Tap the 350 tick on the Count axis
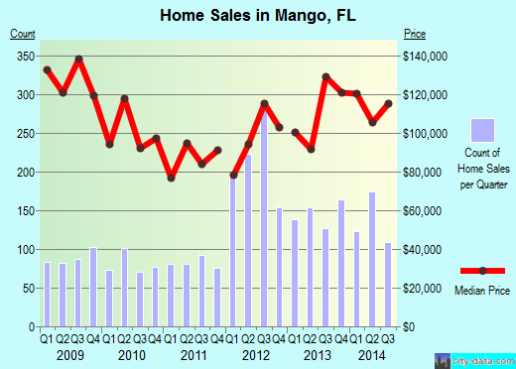(23, 56)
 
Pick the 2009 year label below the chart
(69, 355)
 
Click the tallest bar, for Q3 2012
(264, 224)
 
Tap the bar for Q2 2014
(372, 259)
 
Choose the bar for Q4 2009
(93, 287)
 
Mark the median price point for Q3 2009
(78, 60)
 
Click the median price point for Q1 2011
(171, 178)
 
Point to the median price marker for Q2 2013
(311, 149)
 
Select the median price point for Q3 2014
(388, 103)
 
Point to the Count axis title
(23, 34)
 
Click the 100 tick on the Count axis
(23, 249)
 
